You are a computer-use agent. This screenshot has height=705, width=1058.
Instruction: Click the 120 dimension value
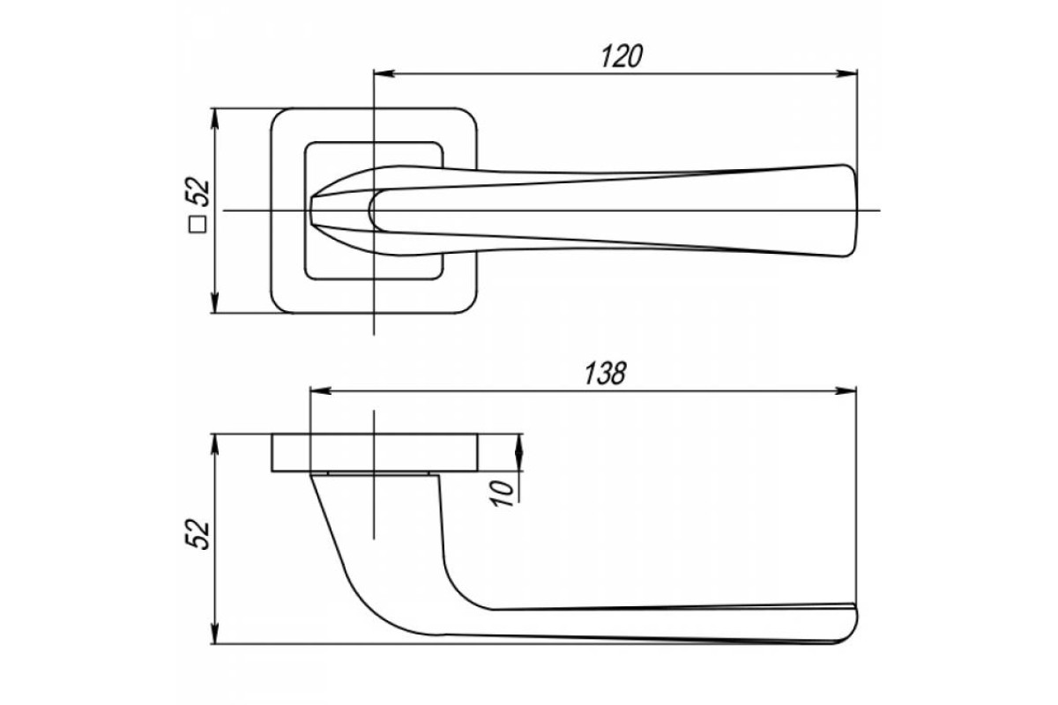[x=622, y=56]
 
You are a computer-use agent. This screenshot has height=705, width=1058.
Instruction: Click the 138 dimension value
[x=605, y=374]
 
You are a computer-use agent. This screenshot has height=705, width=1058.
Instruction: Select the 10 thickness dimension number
[x=502, y=493]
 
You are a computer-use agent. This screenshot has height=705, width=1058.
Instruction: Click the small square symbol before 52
[x=197, y=225]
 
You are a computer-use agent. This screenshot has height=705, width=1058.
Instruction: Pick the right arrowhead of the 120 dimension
[x=847, y=74]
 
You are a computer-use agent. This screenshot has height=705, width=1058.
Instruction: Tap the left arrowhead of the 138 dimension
[x=321, y=391]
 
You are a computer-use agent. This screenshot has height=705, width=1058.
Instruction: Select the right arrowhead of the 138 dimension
[x=846, y=391]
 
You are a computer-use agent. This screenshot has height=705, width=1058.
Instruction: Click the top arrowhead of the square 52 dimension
[x=215, y=119]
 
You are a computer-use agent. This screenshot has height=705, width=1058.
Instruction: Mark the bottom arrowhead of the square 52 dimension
[x=215, y=302]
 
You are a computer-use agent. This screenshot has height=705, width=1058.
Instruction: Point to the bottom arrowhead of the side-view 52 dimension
[x=215, y=634]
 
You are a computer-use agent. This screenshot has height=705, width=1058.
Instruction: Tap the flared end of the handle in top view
[x=849, y=211]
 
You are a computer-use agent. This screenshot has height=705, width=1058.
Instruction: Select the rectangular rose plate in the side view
[x=375, y=452]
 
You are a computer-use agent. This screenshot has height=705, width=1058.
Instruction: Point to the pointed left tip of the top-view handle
[x=312, y=211]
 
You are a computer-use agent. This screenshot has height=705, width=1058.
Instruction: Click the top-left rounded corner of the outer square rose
[x=279, y=116]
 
